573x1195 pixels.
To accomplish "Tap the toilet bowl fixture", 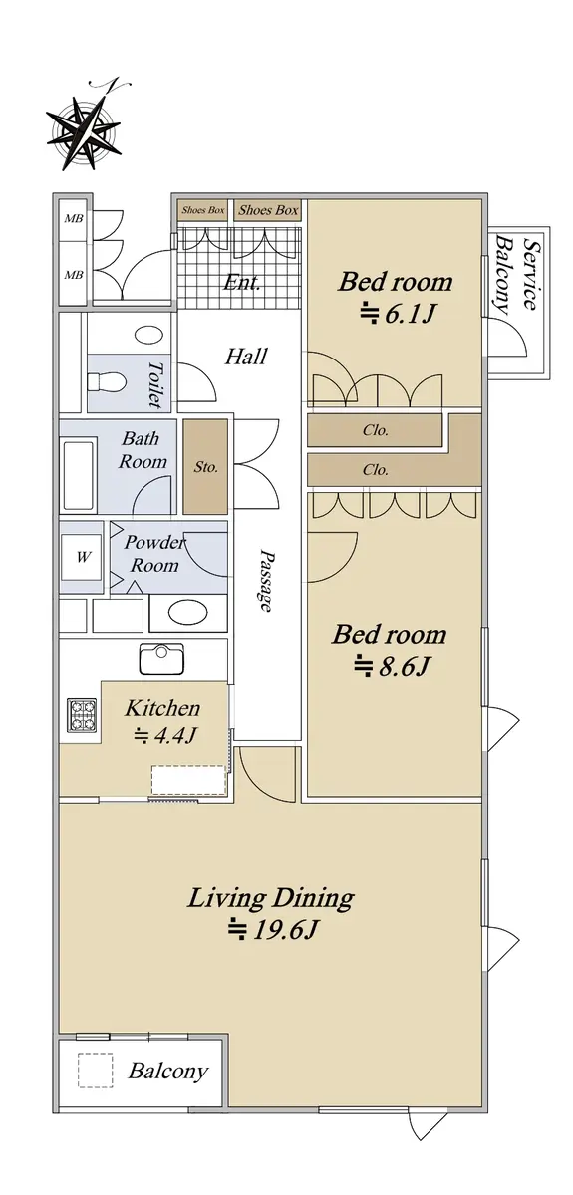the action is point(107,383).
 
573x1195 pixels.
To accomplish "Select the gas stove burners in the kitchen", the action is point(82,714).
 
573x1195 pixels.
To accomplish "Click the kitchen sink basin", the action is point(161,659).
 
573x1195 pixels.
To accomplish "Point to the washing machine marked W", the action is point(82,557).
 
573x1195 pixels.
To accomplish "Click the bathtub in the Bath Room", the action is point(79,474).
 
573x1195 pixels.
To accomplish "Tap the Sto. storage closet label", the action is point(205,467).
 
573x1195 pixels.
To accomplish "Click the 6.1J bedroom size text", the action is point(400,314).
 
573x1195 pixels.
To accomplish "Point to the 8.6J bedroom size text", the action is point(393,666).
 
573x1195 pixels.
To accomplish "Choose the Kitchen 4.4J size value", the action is point(165,735).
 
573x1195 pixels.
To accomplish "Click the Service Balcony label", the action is point(515,274).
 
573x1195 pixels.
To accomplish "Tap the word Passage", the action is point(266,580).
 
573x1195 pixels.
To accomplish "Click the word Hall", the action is point(246,356).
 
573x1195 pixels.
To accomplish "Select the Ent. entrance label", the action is point(242,282).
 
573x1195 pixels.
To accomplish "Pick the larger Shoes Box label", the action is point(268,210).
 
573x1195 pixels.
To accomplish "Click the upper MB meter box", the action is point(74,218).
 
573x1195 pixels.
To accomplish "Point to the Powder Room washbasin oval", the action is point(187,613).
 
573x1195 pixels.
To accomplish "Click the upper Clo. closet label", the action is point(375,430).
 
